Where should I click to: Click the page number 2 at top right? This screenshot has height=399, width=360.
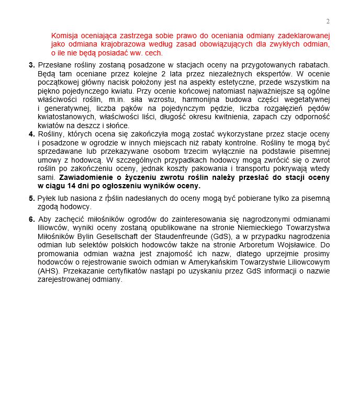tap(328, 21)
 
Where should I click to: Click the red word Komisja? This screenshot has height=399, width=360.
tap(64, 36)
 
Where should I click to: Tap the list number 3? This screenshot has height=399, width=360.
tap(31, 65)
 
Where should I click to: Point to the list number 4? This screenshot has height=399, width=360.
tap(31, 134)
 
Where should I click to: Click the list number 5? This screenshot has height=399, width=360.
tap(31, 199)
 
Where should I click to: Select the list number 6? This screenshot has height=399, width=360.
tap(31, 219)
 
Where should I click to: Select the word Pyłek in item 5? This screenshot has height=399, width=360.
tap(47, 199)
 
